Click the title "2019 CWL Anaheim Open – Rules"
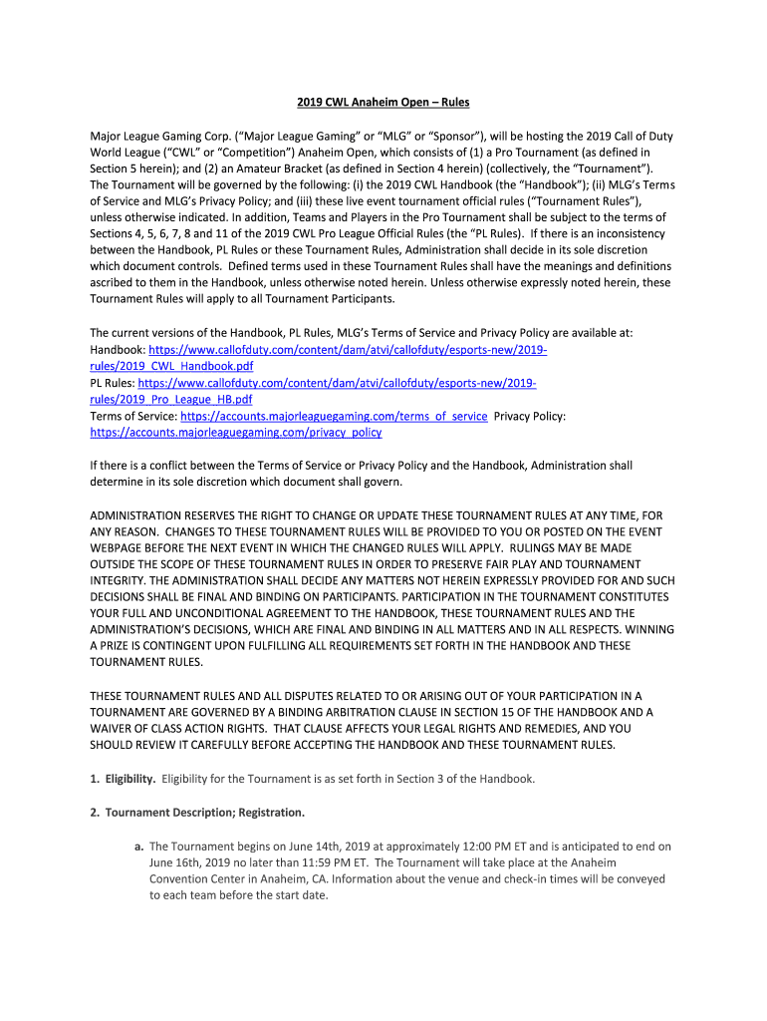coord(383,103)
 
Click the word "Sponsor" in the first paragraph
coord(447,137)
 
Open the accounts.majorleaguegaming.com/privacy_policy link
coord(235,433)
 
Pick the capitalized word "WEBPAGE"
coord(123,547)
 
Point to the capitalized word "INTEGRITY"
coord(121,580)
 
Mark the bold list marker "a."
coord(139,847)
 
